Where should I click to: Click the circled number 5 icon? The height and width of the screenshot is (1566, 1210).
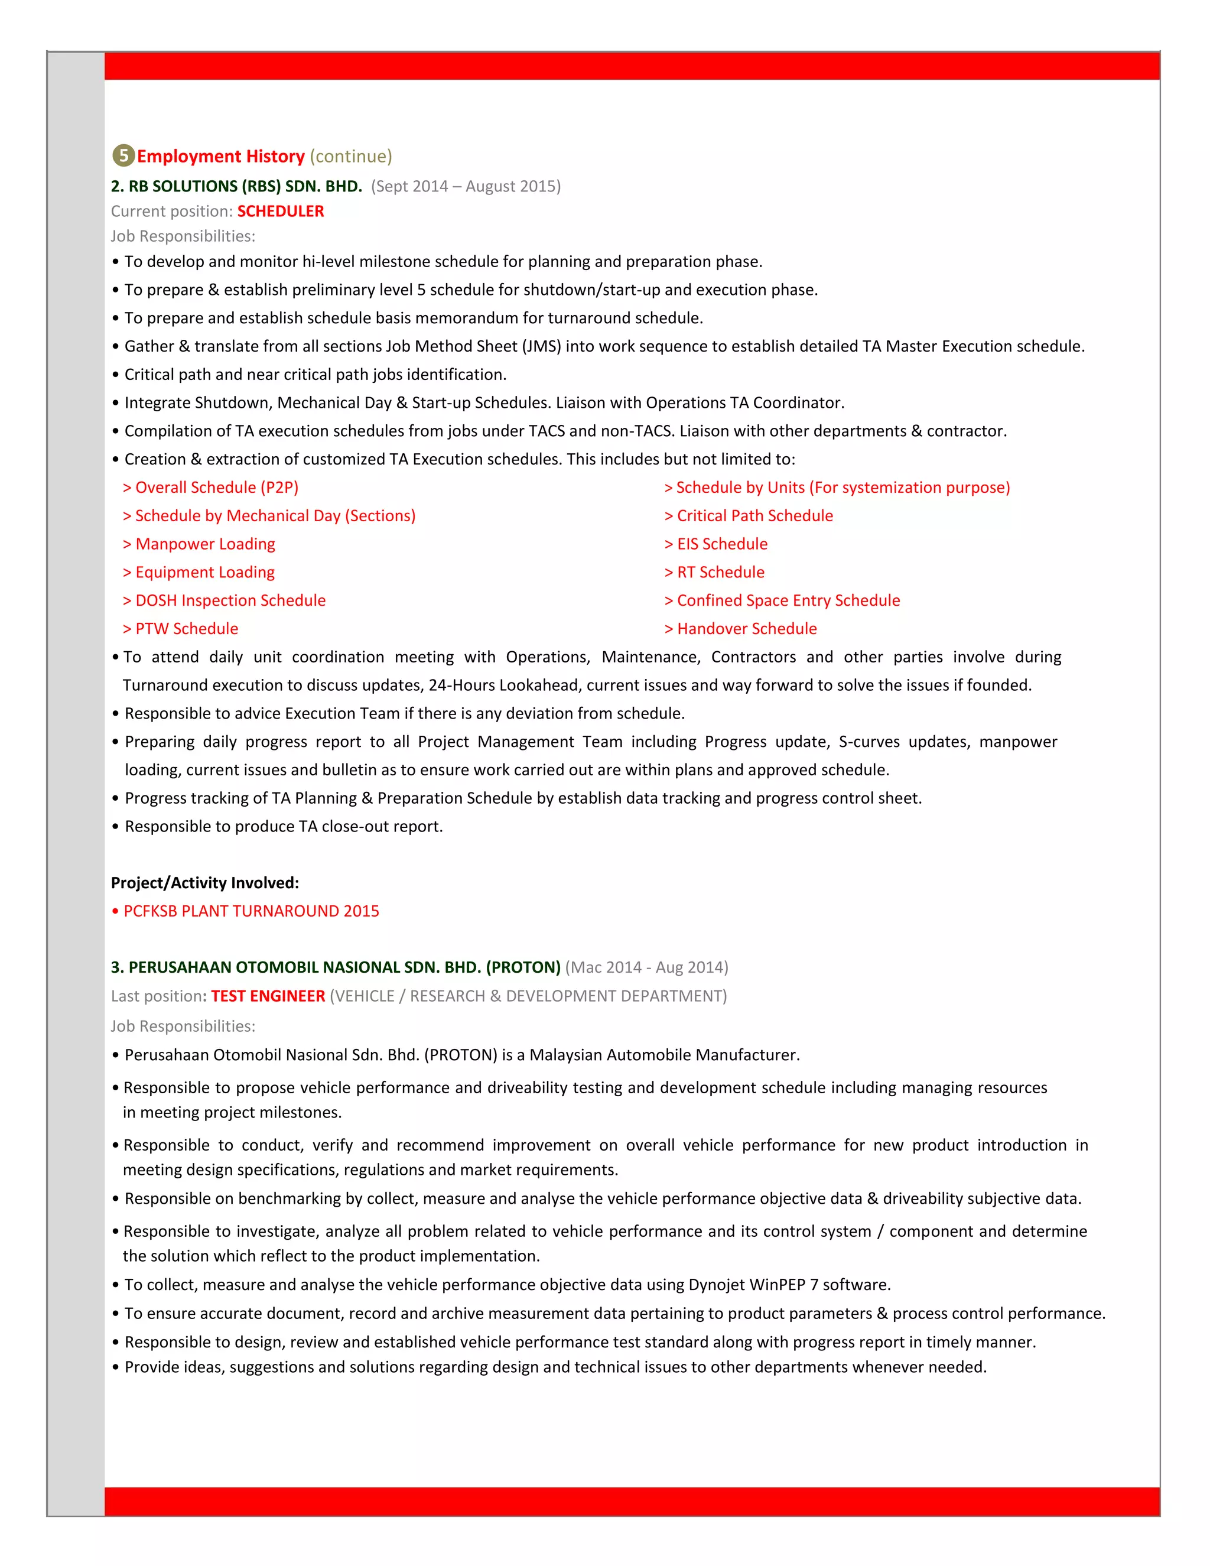point(123,155)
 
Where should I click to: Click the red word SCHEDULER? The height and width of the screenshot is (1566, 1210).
point(280,212)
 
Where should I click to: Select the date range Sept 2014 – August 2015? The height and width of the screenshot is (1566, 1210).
point(466,186)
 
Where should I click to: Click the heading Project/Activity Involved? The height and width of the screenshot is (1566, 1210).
point(205,883)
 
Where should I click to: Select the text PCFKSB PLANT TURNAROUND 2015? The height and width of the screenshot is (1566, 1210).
point(251,911)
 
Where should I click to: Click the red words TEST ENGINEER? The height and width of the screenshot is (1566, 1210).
point(268,996)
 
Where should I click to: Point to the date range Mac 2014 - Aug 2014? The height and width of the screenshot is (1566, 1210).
point(646,968)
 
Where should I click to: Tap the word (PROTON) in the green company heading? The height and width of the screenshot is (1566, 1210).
point(523,968)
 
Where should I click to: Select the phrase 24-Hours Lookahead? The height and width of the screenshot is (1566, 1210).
point(505,685)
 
